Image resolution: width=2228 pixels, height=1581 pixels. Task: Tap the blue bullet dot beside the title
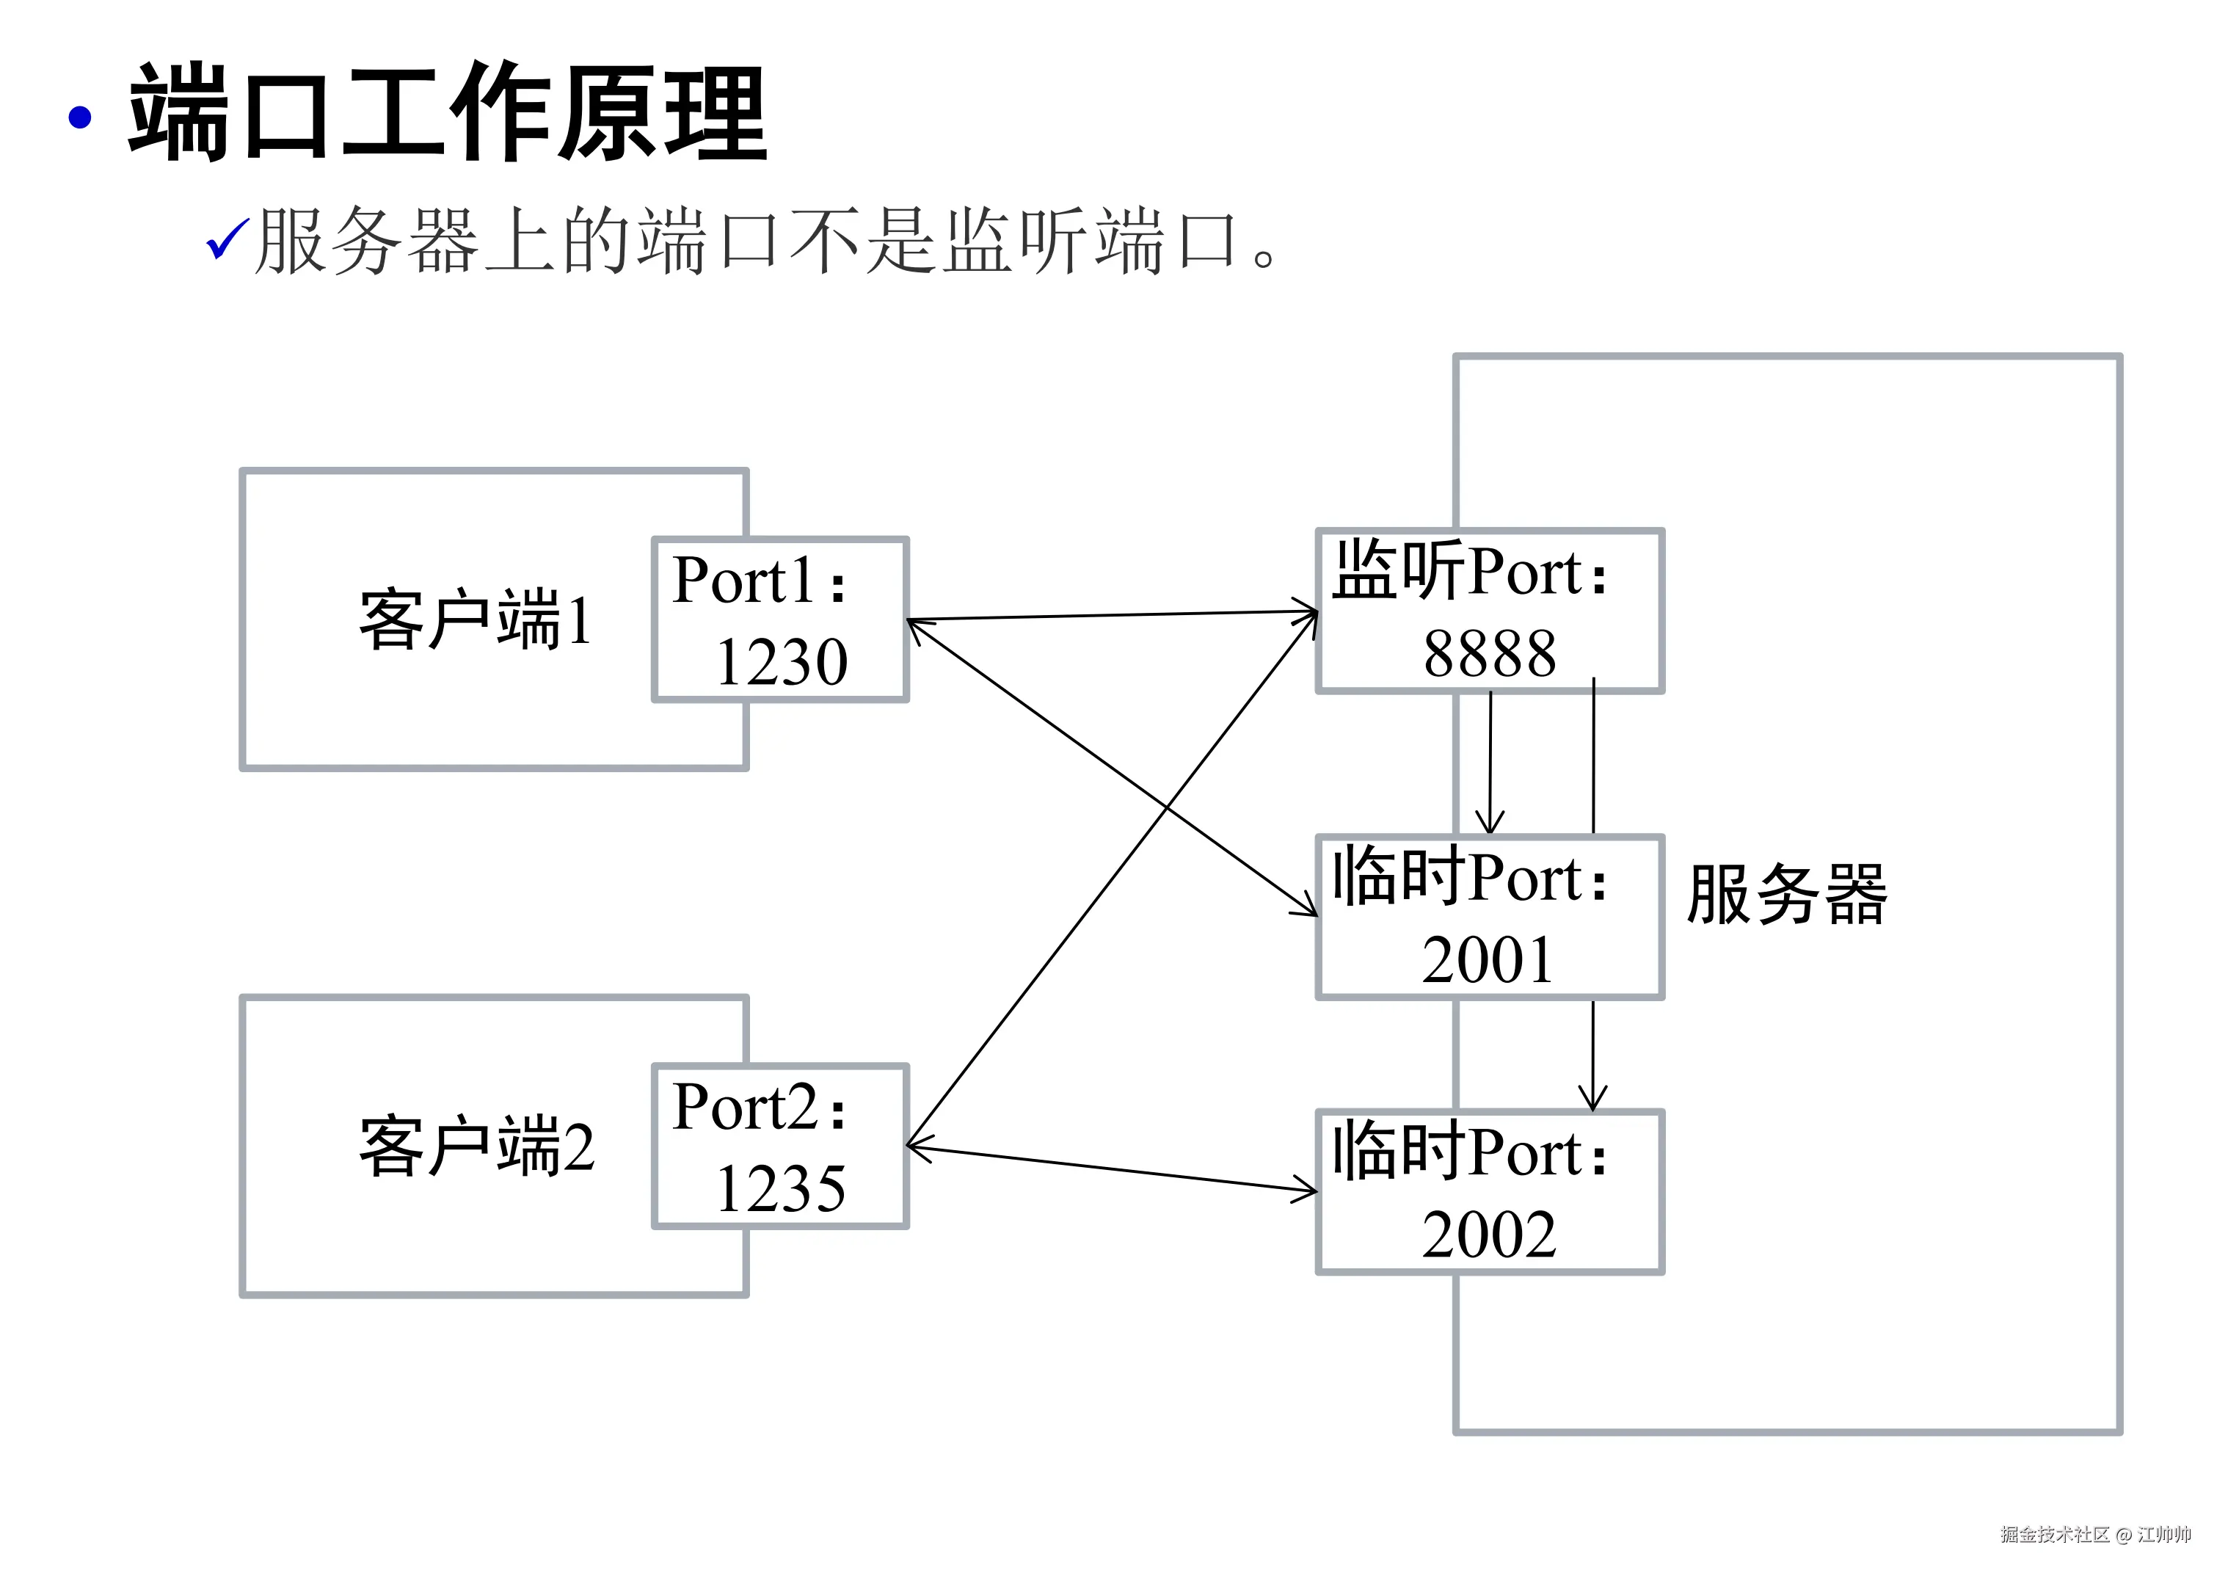tap(80, 117)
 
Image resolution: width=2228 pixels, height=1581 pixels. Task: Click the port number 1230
tap(782, 662)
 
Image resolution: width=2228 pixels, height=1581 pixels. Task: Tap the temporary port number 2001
tap(1488, 960)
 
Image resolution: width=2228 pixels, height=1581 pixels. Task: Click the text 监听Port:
tap(1470, 572)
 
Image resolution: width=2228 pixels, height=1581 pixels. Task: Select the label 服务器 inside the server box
tap(1786, 894)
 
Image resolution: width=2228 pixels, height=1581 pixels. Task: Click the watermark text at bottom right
tap(2094, 1534)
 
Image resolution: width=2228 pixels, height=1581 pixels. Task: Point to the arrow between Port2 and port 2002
tap(1112, 1169)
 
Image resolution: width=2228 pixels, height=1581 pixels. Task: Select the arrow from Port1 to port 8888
tap(1112, 615)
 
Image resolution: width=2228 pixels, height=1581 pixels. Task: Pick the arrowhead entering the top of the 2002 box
tap(1592, 1098)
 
